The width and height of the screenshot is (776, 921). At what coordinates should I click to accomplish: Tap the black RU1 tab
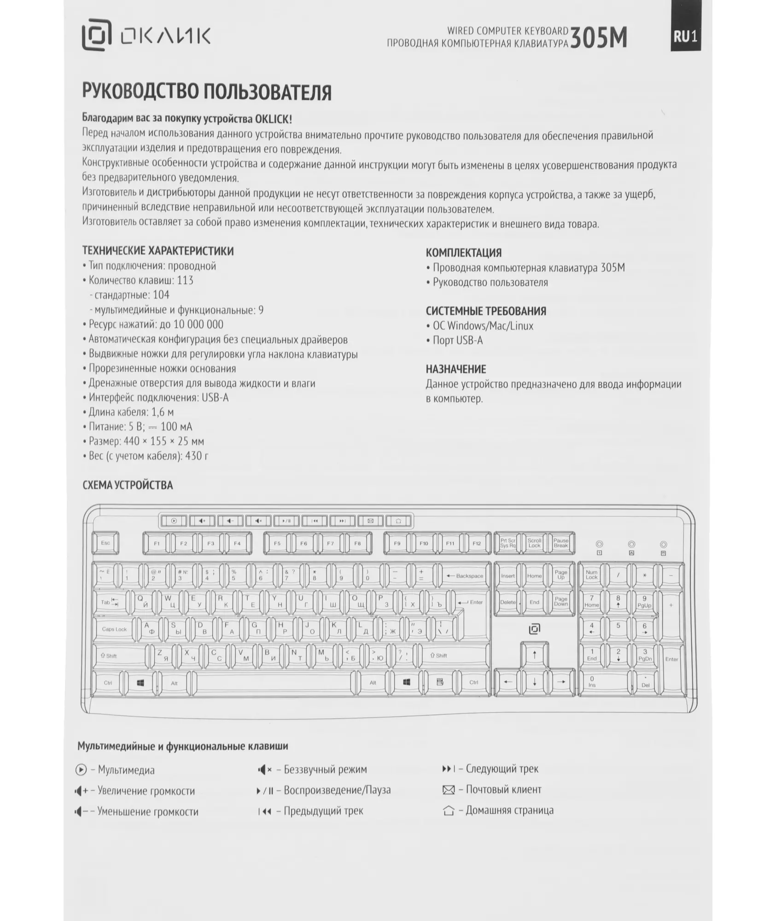[x=685, y=36]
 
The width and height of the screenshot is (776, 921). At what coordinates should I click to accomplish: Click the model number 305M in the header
[x=599, y=38]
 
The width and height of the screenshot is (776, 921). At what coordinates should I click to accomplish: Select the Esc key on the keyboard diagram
[x=105, y=543]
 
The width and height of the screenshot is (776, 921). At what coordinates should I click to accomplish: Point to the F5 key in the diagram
[x=277, y=543]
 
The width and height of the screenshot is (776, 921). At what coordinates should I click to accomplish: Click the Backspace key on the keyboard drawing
[x=464, y=576]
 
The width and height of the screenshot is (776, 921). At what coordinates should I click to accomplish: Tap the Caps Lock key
[x=114, y=629]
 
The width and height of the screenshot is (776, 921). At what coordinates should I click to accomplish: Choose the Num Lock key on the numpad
[x=591, y=575]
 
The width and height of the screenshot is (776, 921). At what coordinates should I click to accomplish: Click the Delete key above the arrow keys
[x=508, y=602]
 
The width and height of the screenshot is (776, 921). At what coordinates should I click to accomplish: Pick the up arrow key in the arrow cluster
[x=534, y=655]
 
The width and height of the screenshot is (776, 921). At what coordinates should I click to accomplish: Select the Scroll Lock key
[x=534, y=543]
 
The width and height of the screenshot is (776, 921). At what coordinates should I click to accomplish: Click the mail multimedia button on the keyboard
[x=370, y=521]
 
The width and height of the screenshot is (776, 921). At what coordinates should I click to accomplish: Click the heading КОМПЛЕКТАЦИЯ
[x=463, y=253]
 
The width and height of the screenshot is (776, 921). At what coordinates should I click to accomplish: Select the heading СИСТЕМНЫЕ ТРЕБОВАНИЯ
[x=486, y=311]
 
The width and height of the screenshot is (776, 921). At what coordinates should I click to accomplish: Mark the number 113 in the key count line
[x=185, y=280]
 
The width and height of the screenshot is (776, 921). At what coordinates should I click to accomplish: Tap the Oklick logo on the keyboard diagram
[x=534, y=629]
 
